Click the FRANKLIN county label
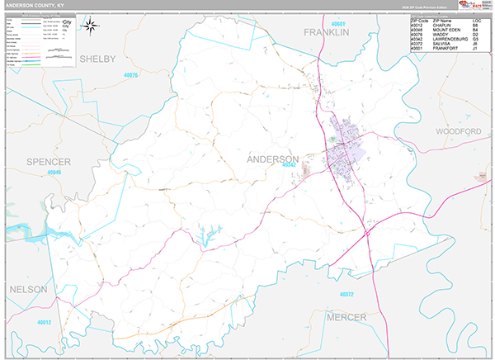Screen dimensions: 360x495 click(326, 32)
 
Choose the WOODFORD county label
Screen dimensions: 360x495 click(458, 132)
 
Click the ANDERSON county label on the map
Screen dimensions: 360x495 click(272, 159)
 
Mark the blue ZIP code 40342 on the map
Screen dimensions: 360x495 click(289, 165)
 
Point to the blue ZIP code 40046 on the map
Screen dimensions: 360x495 click(54, 173)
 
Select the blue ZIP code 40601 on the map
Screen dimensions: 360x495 click(334, 23)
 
